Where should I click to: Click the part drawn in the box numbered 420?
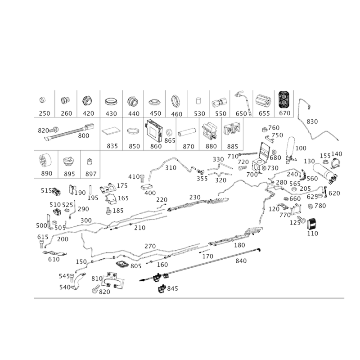pyautogui.click(x=87, y=100)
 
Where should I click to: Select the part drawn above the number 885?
pyautogui.click(x=232, y=130)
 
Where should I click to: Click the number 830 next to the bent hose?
pyautogui.click(x=311, y=121)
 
